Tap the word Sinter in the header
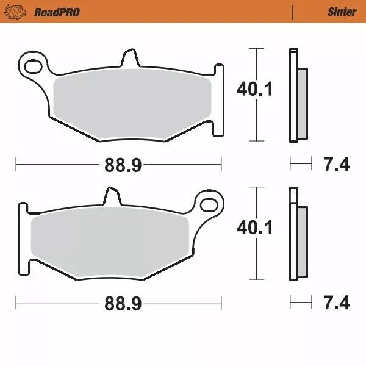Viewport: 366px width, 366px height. tap(342, 12)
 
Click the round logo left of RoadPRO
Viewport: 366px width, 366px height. tap(20, 12)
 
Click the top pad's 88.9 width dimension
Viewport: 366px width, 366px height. tap(118, 163)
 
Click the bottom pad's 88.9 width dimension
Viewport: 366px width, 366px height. tap(118, 303)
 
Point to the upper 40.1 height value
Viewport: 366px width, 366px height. tap(254, 90)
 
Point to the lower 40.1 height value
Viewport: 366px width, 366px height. tap(254, 228)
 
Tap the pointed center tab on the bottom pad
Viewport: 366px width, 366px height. tap(110, 197)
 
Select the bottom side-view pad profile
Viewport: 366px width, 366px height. tap(298, 235)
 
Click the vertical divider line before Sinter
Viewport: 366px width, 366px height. tap(293, 12)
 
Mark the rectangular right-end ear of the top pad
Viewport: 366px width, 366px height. tap(217, 98)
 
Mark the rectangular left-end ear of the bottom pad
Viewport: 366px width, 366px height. tap(23, 238)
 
